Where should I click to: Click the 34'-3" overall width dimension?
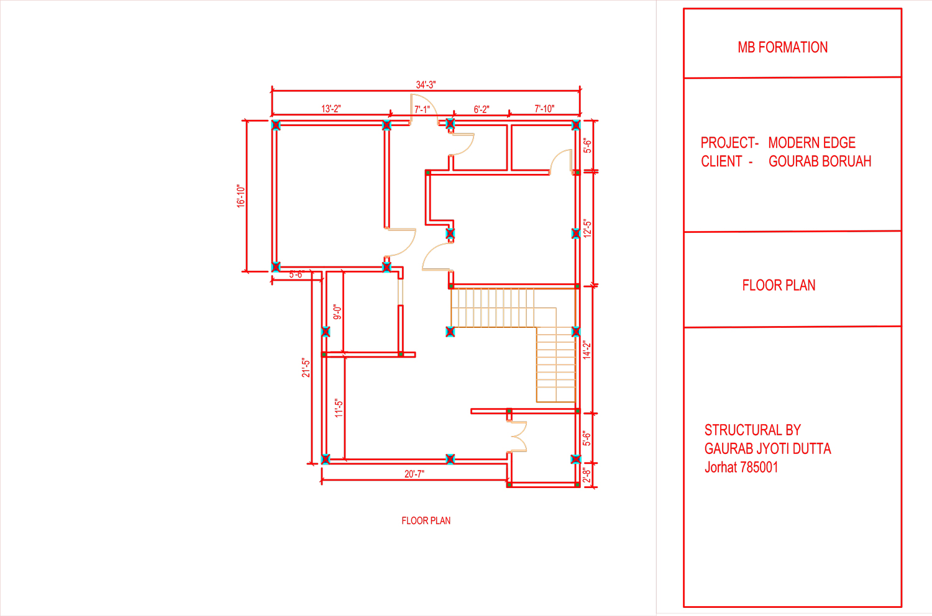pos(426,85)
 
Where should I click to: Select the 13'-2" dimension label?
pos(331,109)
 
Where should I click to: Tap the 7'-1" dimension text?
pos(422,109)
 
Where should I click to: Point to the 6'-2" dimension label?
pos(482,109)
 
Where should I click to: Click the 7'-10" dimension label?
pos(544,109)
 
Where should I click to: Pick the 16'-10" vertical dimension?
pos(241,196)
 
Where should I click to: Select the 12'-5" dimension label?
pos(587,229)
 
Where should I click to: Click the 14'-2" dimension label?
pos(587,350)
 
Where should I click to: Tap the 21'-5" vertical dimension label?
pos(306,368)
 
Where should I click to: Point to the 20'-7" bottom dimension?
pos(414,474)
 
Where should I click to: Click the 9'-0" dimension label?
pos(337,312)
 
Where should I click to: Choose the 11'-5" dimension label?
pos(339,408)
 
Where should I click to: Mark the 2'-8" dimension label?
pos(587,475)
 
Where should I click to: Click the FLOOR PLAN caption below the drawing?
pos(426,521)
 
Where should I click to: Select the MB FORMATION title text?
pos(783,47)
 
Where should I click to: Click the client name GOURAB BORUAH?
pos(820,161)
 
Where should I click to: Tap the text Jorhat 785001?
pos(741,467)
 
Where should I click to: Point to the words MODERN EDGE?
pos(811,143)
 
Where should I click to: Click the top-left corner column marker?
pos(275,125)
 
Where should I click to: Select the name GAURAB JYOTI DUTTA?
pos(767,448)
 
